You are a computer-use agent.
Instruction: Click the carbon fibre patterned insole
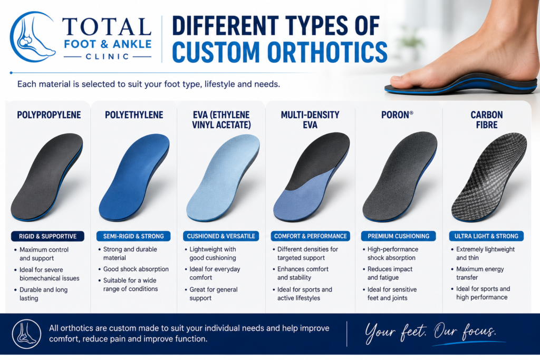(489, 177)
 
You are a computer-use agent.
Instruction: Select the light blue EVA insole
(223, 177)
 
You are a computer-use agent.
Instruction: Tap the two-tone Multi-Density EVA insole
(311, 177)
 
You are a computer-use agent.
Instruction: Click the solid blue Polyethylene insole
(134, 177)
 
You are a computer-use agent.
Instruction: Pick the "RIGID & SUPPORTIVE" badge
(47, 236)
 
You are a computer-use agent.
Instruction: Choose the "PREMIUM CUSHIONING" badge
(399, 236)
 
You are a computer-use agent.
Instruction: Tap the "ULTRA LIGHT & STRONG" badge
(486, 236)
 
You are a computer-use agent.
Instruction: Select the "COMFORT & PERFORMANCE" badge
(310, 236)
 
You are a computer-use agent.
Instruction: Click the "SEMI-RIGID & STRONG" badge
(133, 236)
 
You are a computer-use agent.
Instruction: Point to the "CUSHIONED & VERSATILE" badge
(221, 236)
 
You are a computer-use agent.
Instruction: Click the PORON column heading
(397, 114)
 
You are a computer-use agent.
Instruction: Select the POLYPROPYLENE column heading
(49, 115)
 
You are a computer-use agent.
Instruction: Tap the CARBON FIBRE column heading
(487, 120)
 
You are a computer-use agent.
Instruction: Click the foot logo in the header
(33, 37)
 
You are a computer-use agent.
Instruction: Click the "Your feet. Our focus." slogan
(430, 332)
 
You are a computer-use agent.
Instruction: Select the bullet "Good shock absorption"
(136, 269)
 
